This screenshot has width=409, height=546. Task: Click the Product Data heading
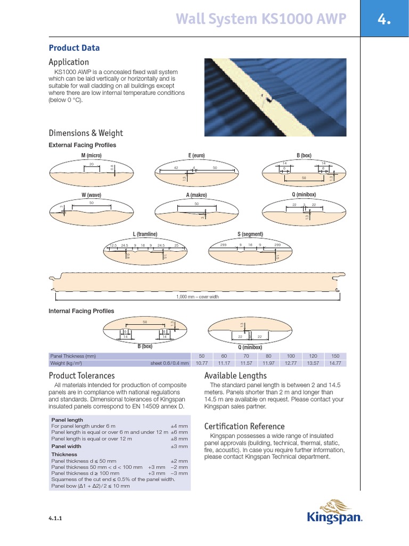click(74, 48)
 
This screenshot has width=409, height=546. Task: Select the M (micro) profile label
click(91, 155)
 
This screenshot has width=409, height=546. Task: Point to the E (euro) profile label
click(197, 155)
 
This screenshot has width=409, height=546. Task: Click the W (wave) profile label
click(91, 195)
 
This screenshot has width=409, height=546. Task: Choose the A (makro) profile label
click(197, 195)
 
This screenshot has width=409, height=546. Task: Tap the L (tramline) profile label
click(145, 234)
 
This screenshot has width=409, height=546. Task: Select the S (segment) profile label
click(250, 234)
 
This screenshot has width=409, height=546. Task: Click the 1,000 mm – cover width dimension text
click(198, 297)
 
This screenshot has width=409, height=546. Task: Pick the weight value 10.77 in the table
click(201, 363)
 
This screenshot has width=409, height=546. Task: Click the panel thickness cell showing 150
click(336, 356)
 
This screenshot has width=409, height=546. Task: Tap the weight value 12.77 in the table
click(291, 363)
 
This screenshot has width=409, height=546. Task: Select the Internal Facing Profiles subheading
click(81, 311)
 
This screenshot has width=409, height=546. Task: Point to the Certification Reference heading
click(244, 426)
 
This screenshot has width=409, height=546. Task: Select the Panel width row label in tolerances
click(66, 446)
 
